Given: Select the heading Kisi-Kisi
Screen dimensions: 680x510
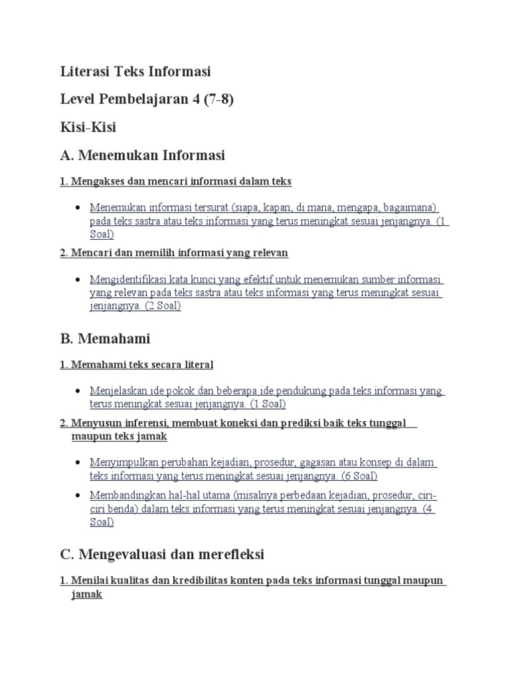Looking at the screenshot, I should click(88, 127).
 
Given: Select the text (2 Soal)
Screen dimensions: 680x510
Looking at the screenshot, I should click(163, 306).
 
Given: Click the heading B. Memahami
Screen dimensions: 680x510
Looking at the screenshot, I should click(105, 339).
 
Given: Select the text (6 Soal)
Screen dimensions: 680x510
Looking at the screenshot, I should click(359, 475).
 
